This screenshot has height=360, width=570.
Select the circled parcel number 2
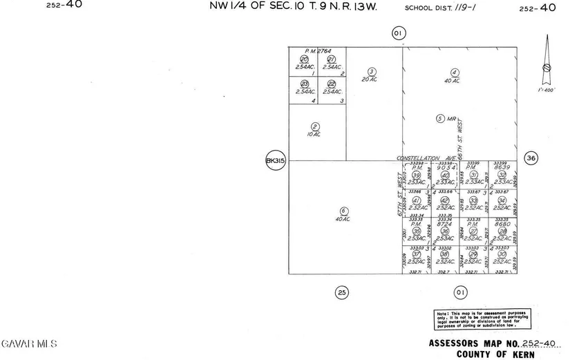click(315, 126)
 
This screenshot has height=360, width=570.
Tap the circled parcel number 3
click(372, 71)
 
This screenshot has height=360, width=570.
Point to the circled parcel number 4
click(455, 72)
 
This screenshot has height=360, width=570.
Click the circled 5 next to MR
click(439, 118)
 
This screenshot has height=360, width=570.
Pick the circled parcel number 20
click(303, 59)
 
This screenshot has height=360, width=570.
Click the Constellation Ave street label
click(424, 158)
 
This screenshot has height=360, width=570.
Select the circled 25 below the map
click(341, 292)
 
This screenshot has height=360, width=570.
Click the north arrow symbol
click(547, 62)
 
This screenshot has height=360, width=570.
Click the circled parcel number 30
click(502, 254)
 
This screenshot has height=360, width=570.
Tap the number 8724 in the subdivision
click(445, 224)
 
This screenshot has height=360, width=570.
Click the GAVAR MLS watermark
click(30, 343)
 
